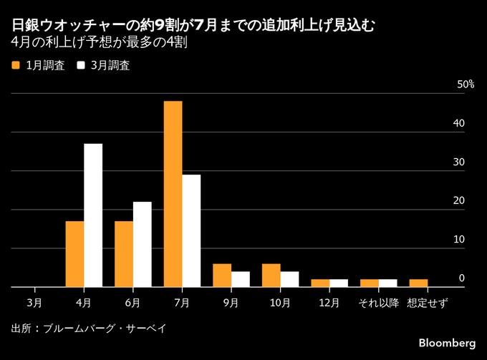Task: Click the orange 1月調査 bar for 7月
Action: tap(173, 194)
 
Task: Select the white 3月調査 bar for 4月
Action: tap(93, 215)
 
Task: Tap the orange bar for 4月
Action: tap(74, 254)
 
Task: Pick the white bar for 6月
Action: tap(142, 244)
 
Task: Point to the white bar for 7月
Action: tap(191, 230)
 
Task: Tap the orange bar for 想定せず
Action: tap(418, 283)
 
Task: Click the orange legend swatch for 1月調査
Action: tap(16, 65)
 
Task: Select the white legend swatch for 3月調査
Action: tap(81, 65)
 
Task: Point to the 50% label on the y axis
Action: tap(466, 84)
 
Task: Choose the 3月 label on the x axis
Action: tap(34, 303)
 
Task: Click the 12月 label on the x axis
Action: tap(329, 303)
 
